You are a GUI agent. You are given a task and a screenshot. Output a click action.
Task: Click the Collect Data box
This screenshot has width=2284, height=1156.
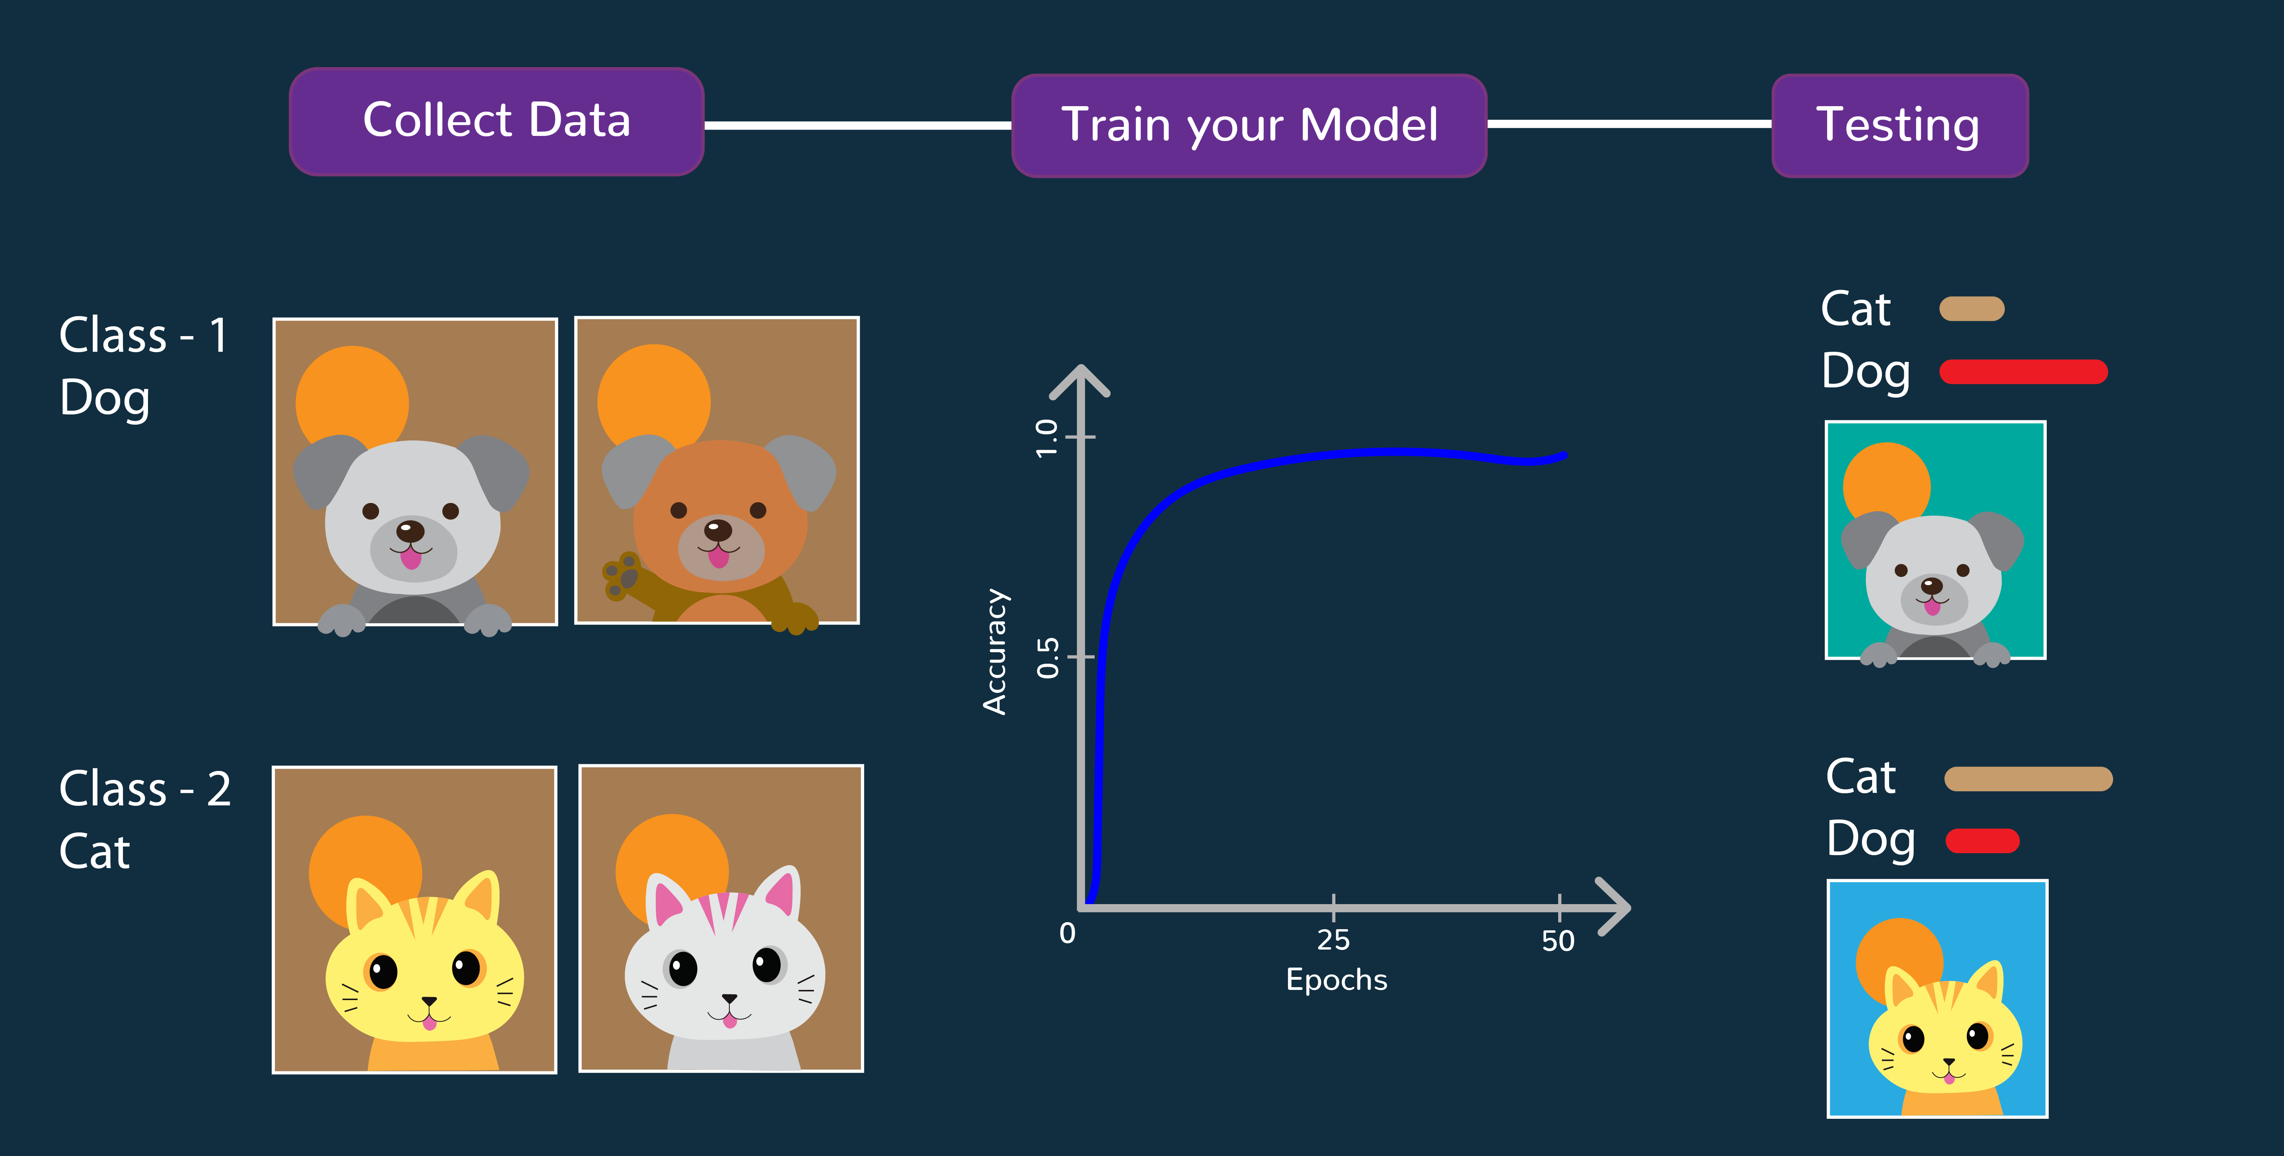pyautogui.click(x=496, y=121)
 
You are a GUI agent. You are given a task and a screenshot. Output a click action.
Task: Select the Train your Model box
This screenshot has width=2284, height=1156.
pyautogui.click(x=1249, y=125)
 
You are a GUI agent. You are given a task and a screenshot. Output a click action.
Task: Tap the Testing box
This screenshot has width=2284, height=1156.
pyautogui.click(x=1899, y=125)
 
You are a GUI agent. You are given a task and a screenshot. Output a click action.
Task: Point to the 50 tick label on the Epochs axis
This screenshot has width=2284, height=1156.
pyautogui.click(x=1558, y=941)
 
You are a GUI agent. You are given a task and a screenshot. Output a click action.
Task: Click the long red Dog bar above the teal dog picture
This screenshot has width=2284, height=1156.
pyautogui.click(x=2023, y=372)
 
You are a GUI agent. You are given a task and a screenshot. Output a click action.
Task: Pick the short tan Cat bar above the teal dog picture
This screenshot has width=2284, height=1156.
pyautogui.click(x=1972, y=309)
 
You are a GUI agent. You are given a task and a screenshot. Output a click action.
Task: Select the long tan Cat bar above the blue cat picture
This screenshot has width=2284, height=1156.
pyautogui.click(x=2029, y=779)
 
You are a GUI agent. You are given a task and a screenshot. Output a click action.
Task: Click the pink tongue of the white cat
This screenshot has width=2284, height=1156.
pyautogui.click(x=730, y=1021)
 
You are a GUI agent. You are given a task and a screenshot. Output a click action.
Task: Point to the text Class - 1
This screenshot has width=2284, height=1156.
pyautogui.click(x=144, y=335)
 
